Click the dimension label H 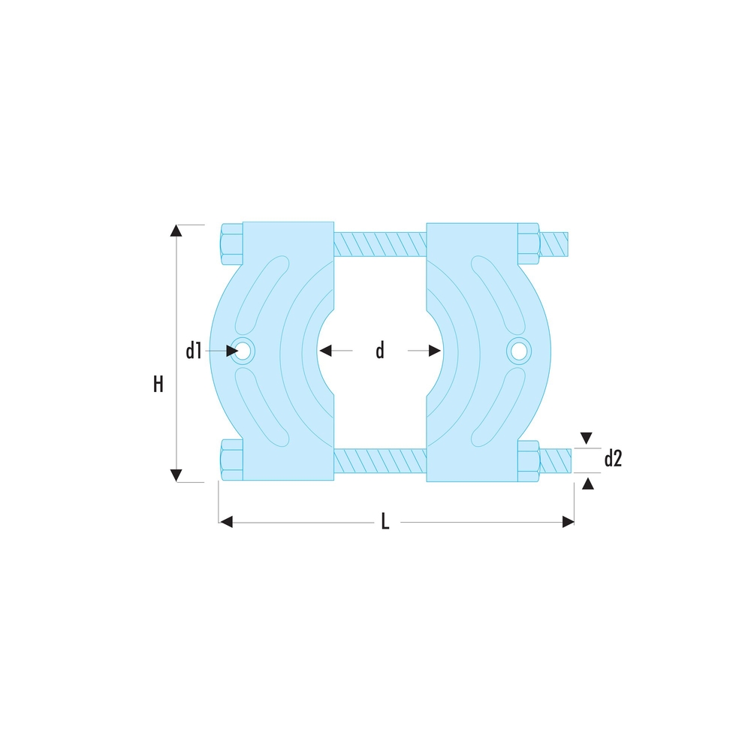pos(158,384)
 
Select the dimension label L pos(385,521)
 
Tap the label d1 pos(194,351)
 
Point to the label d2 pos(613,459)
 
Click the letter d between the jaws pos(380,351)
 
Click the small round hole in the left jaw pos(243,351)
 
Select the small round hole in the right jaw pos(519,351)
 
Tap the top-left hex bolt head pos(232,244)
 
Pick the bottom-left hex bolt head pos(232,460)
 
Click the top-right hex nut pos(529,244)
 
